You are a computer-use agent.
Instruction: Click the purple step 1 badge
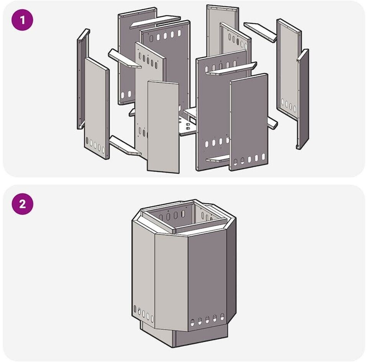click(x=22, y=20)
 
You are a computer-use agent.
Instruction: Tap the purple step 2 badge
click(x=22, y=204)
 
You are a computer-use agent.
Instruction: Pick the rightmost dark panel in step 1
click(x=303, y=99)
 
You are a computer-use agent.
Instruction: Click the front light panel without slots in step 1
click(x=163, y=127)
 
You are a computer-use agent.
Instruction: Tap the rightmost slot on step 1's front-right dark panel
click(x=263, y=156)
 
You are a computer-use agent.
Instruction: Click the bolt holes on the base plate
click(x=187, y=126)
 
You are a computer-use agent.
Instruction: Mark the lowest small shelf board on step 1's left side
click(x=125, y=146)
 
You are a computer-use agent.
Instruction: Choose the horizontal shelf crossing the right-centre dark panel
click(x=231, y=69)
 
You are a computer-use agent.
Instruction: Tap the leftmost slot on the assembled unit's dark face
click(x=192, y=323)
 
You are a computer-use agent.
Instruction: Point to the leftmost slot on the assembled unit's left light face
click(x=135, y=309)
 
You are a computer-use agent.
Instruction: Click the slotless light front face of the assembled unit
click(x=171, y=282)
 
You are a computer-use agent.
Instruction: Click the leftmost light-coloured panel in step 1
click(x=97, y=108)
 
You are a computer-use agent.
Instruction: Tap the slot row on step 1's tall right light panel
click(x=289, y=105)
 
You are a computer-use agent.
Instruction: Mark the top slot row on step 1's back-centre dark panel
click(x=165, y=36)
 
